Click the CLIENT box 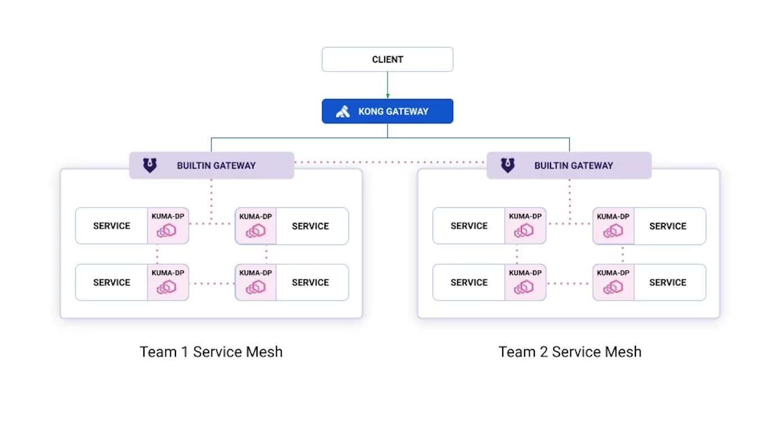(x=387, y=59)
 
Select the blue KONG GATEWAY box (x=387, y=111)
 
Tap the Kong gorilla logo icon (x=343, y=112)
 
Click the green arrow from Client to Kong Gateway (x=387, y=85)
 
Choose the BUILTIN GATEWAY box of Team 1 (x=211, y=166)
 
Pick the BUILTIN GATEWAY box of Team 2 (x=569, y=166)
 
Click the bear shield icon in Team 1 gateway (x=150, y=166)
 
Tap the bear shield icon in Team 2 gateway (x=507, y=166)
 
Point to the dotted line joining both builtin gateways (x=390, y=163)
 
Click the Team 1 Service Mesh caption (x=211, y=352)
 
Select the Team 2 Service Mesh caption (x=570, y=352)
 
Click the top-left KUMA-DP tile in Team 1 (x=168, y=226)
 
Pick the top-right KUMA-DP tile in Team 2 (x=613, y=226)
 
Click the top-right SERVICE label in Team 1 (x=310, y=226)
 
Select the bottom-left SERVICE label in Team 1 (x=111, y=283)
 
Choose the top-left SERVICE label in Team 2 (x=469, y=226)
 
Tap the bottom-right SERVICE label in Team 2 (x=667, y=283)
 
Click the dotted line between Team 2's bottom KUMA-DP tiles (x=569, y=283)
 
